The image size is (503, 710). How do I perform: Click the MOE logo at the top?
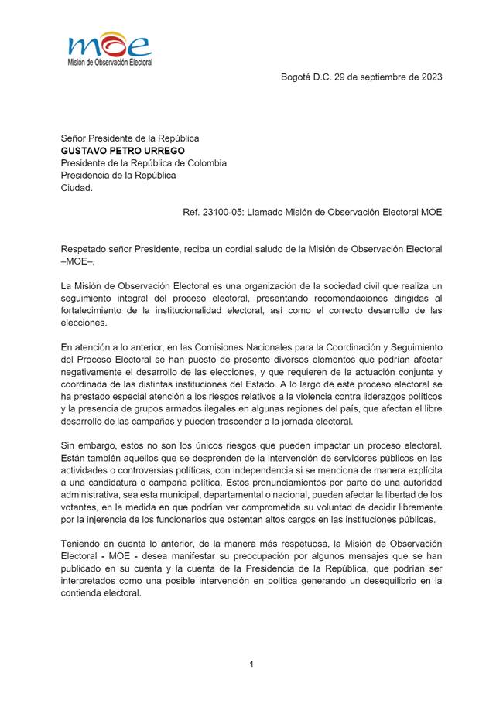point(109,48)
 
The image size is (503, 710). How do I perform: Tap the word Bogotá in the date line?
point(297,77)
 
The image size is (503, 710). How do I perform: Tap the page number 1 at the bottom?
point(251,664)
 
